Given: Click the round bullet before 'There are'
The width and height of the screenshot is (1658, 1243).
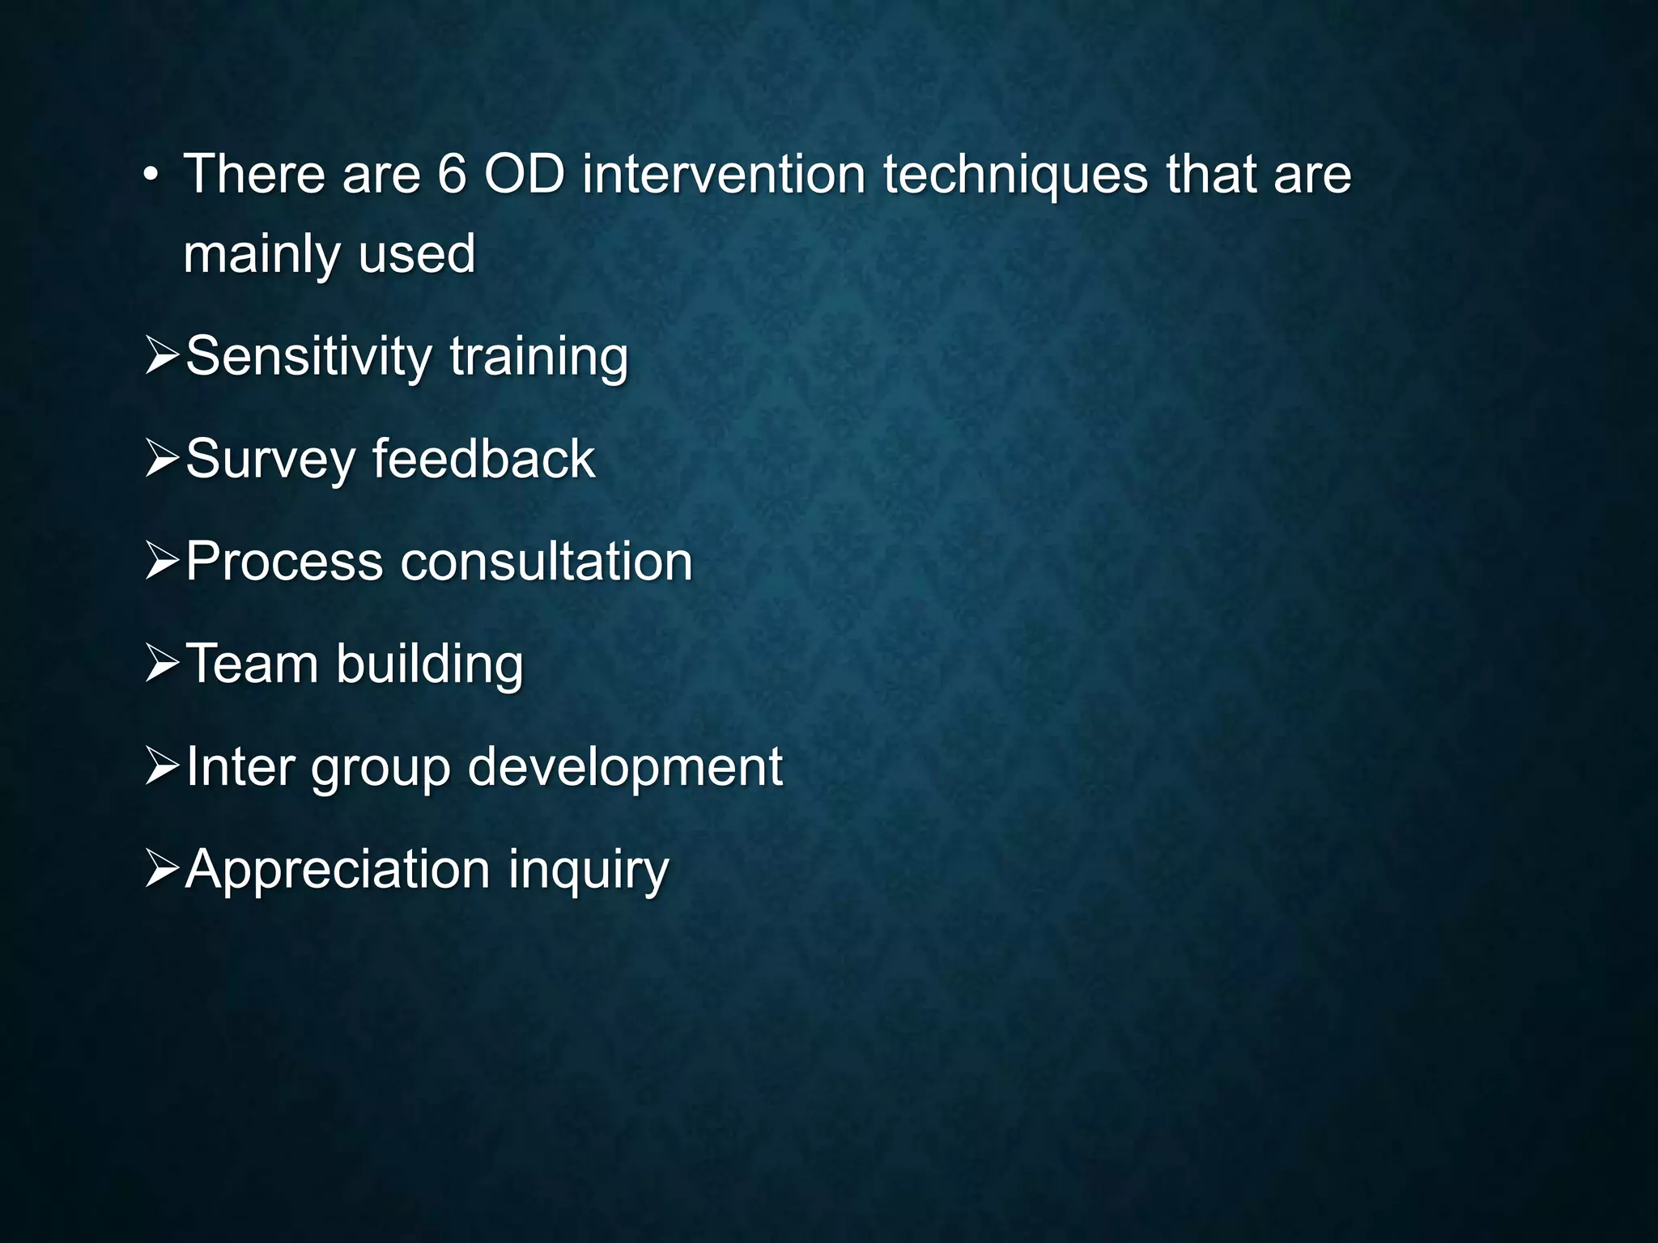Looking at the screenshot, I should pos(150,176).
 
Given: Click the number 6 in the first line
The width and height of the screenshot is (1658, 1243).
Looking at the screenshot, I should pos(452,174).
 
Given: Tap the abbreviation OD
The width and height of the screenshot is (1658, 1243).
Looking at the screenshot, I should pos(524,174).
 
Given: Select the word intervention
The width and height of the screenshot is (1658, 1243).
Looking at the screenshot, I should pos(723,174).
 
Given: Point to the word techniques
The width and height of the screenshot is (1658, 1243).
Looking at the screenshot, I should pos(1015,176).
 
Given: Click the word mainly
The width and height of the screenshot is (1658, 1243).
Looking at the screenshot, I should pos(261,255).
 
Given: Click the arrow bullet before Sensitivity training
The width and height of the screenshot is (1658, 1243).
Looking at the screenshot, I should pos(162,356).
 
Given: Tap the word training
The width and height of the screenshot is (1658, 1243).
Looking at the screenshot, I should pos(538,357).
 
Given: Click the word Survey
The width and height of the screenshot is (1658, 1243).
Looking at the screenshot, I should pos(270,460).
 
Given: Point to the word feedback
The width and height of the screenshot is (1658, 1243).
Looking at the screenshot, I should pos(483,458).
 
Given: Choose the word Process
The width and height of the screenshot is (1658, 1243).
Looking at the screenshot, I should pos(284,561).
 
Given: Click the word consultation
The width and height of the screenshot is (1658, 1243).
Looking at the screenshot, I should pos(546,561).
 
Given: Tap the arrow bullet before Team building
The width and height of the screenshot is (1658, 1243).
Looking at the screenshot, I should pos(162,664).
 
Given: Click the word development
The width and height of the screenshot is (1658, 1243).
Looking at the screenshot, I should pos(625,767).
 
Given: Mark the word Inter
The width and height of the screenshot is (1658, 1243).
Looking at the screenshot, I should pos(240,766).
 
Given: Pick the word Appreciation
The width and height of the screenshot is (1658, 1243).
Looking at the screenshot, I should pos(338,870).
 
